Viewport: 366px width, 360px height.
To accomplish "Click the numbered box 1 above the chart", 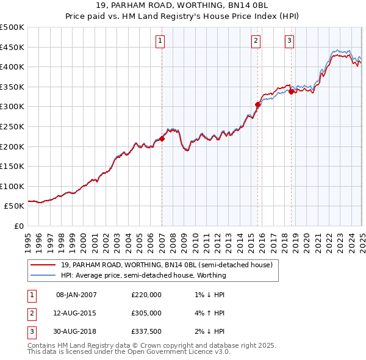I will pyautogui.click(x=160, y=41).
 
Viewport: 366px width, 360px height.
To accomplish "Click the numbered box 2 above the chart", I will pyautogui.click(x=256, y=41).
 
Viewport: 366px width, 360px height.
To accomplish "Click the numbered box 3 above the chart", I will pyautogui.click(x=289, y=41).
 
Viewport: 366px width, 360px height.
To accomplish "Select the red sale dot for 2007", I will pyautogui.click(x=162, y=139).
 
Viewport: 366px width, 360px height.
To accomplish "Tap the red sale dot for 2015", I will pyautogui.click(x=257, y=104).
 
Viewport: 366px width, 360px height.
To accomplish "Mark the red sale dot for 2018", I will pyautogui.click(x=292, y=92).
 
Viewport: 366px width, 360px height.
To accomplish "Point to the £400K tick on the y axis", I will pyautogui.click(x=13, y=67).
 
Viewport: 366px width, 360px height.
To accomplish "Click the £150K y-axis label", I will pyautogui.click(x=13, y=166).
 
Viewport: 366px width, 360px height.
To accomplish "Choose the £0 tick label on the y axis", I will pyautogui.click(x=18, y=226).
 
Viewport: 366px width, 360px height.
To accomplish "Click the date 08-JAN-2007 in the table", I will pyautogui.click(x=76, y=295).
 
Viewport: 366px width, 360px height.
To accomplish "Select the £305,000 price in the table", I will pyautogui.click(x=146, y=313).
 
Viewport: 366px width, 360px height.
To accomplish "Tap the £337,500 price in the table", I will pyautogui.click(x=146, y=331).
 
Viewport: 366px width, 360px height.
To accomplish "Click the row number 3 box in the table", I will pyautogui.click(x=30, y=331).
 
